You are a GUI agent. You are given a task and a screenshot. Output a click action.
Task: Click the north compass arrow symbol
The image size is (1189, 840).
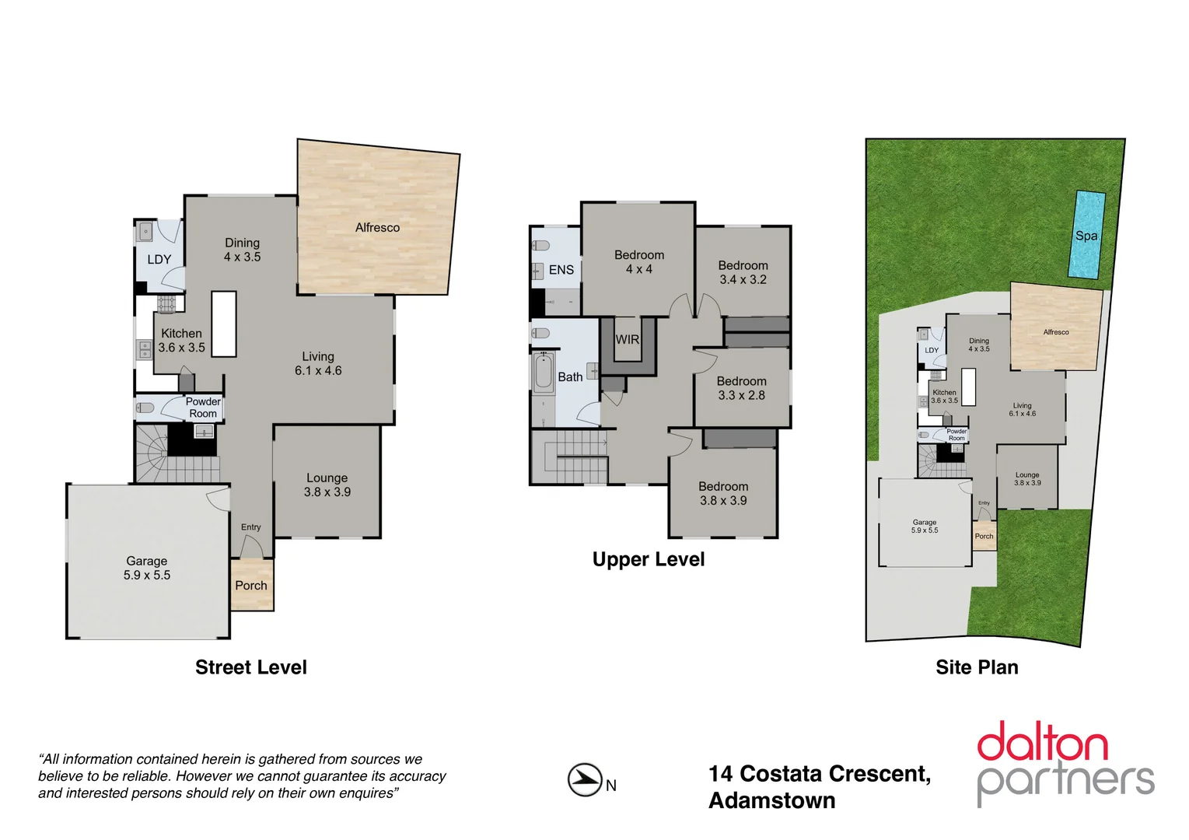[585, 780]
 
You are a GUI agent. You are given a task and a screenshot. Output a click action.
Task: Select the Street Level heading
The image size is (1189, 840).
[250, 667]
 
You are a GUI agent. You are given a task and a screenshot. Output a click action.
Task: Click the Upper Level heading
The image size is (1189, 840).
[648, 559]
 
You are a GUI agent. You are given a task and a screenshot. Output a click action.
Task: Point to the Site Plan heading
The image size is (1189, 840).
[977, 667]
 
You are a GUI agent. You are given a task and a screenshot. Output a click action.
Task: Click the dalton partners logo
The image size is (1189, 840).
[1065, 762]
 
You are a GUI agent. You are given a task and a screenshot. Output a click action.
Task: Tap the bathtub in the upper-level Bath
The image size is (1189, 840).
[544, 373]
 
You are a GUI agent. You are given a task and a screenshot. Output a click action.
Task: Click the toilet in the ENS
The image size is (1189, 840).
[541, 246]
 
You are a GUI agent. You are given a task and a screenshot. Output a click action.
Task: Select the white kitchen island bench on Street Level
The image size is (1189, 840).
[224, 324]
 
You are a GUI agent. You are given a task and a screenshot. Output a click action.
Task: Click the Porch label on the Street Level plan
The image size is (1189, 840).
[251, 586]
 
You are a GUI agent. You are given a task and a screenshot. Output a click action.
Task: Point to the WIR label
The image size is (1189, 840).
[627, 339]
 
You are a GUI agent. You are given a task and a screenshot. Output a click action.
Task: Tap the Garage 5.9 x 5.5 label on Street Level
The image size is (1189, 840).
[147, 568]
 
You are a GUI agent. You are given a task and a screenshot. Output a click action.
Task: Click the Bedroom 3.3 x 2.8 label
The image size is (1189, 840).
[741, 388]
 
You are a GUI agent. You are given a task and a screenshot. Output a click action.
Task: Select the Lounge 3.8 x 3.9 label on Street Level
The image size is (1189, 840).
[327, 485]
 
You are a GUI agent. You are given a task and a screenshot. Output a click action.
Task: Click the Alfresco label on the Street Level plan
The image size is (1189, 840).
[377, 227]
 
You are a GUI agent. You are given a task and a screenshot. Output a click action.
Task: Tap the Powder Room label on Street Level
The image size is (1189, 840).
[203, 408]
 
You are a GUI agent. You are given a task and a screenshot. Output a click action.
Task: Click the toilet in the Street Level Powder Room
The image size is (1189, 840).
[145, 408]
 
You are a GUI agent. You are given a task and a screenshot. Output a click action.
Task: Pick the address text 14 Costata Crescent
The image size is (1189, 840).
[819, 774]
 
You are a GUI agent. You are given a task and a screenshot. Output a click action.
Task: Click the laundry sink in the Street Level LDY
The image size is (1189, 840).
[145, 231]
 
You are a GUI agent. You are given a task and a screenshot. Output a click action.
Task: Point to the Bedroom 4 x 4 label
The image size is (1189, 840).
[638, 262]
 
